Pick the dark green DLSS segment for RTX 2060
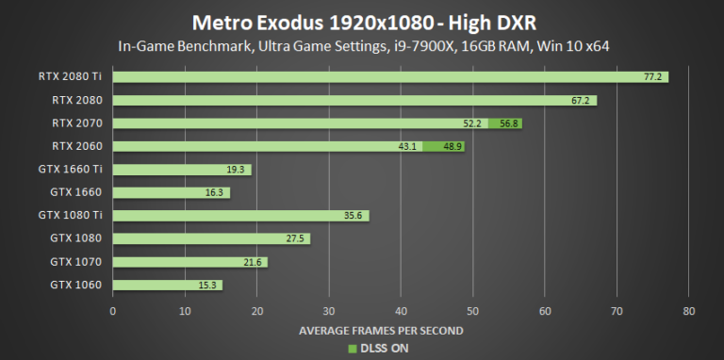pyautogui.click(x=443, y=146)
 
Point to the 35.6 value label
pyautogui.click(x=354, y=216)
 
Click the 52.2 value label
pyautogui.click(x=472, y=123)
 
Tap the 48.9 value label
pyautogui.click(x=452, y=146)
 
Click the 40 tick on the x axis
pyautogui.click(x=401, y=310)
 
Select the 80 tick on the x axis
pyautogui.click(x=689, y=310)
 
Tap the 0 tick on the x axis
pyautogui.click(x=113, y=310)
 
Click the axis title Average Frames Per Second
pyautogui.click(x=381, y=330)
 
